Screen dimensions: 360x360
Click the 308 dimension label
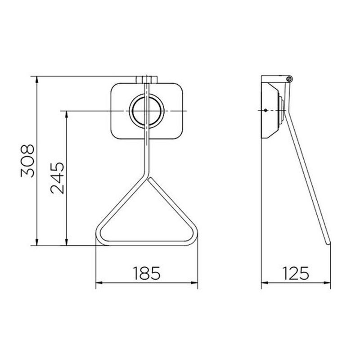coord(27,161)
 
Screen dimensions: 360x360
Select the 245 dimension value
coord(58,178)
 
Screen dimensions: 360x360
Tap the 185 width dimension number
coord(147,273)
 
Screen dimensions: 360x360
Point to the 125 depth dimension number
coord(296,273)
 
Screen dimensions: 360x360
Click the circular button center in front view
coord(147,111)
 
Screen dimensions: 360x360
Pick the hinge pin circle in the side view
coord(289,79)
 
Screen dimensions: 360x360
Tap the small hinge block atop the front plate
coord(147,80)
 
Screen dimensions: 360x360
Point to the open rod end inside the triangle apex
coord(150,179)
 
